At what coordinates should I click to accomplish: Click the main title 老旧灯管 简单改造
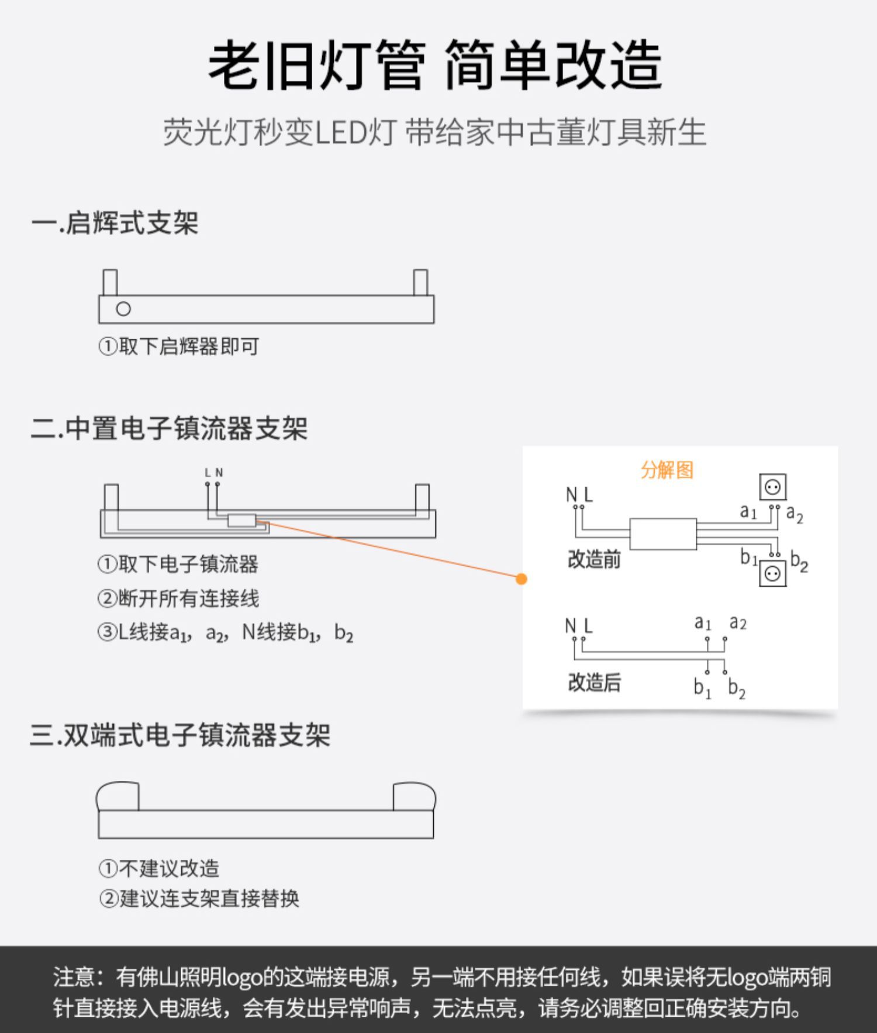[x=436, y=65]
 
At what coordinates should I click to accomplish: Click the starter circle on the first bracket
[x=123, y=309]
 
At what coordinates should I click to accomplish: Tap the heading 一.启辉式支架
[x=115, y=223]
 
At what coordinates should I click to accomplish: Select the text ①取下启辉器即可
[x=179, y=346]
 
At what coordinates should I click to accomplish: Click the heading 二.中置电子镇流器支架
[x=169, y=429]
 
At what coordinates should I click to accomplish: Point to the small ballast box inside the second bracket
[x=241, y=520]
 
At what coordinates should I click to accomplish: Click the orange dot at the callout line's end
[x=522, y=579]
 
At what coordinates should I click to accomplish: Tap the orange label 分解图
[x=667, y=470]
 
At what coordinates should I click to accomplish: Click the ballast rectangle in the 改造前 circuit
[x=662, y=533]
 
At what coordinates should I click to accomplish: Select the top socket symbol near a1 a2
[x=772, y=487]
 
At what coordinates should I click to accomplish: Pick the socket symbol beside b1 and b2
[x=772, y=573]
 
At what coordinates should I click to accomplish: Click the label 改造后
[x=594, y=682]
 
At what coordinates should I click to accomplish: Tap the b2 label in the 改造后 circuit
[x=736, y=688]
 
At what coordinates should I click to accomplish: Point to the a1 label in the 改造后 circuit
[x=703, y=622]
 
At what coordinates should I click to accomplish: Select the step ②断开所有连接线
[x=178, y=598]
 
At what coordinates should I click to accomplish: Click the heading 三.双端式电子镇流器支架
[x=180, y=735]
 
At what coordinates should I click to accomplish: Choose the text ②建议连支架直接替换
[x=199, y=898]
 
